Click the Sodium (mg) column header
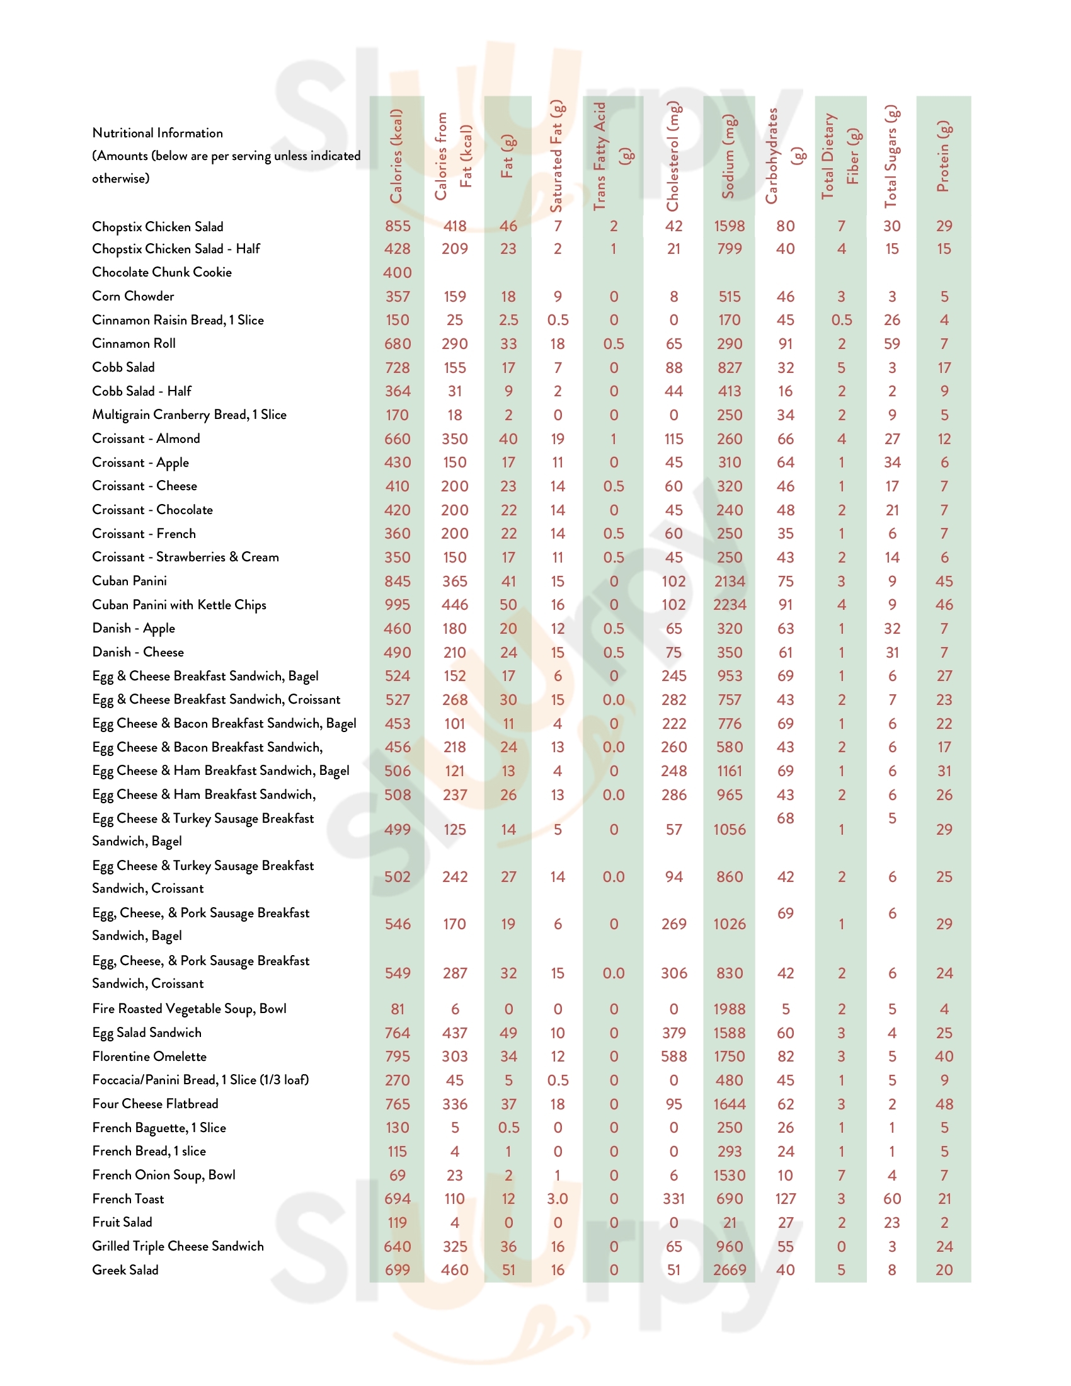(x=728, y=156)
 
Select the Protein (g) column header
(x=944, y=156)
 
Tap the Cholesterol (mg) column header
(x=673, y=156)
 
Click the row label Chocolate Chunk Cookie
(x=162, y=272)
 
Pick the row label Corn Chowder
(x=132, y=296)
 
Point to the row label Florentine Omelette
(x=149, y=1057)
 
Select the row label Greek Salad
(x=125, y=1270)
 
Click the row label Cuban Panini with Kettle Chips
(x=179, y=605)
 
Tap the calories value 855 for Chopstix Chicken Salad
(x=397, y=226)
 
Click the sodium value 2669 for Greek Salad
(x=729, y=1270)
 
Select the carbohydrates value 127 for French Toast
(x=785, y=1199)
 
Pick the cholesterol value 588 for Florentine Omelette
(x=673, y=1057)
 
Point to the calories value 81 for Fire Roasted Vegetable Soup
(x=397, y=1009)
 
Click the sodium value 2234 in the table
(x=729, y=605)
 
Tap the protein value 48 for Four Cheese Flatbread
(x=944, y=1104)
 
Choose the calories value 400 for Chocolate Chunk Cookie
(x=397, y=273)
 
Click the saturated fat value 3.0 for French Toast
(x=557, y=1199)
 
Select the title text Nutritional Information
(x=157, y=134)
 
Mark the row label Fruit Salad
(x=122, y=1222)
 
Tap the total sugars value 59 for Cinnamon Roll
(x=891, y=344)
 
